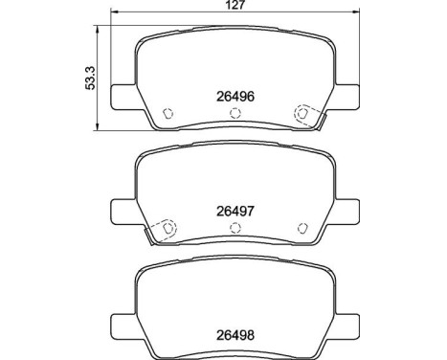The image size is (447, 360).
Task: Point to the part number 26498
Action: pyautogui.click(x=234, y=334)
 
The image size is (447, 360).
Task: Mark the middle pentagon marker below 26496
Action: pyautogui.click(x=234, y=113)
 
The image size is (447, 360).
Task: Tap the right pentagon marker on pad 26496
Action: pyautogui.click(x=302, y=113)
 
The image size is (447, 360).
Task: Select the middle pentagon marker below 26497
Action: pyautogui.click(x=234, y=229)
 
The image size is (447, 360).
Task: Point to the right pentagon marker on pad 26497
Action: pyautogui.click(x=302, y=228)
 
